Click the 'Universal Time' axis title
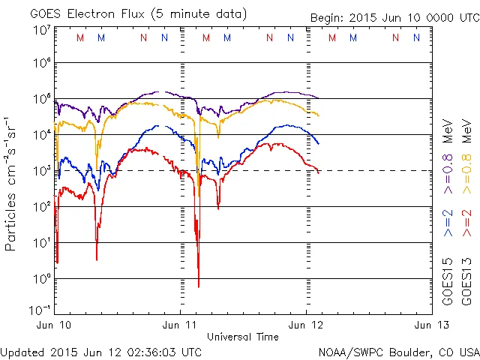[243, 337]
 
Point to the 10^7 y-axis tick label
[42, 30]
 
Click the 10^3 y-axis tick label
[42, 171]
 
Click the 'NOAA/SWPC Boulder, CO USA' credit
[398, 352]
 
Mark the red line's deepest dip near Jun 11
[199, 285]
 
